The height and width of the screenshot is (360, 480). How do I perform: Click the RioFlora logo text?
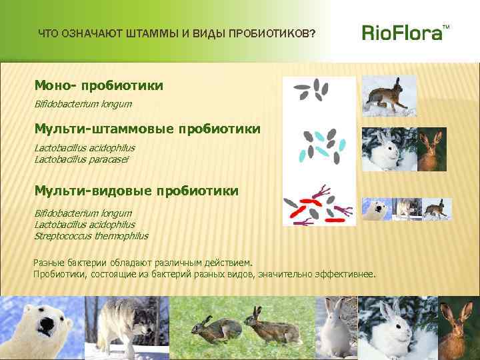click(x=401, y=33)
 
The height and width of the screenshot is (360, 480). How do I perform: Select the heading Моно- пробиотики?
click(x=99, y=86)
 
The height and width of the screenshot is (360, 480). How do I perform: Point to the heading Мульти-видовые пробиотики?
click(x=136, y=191)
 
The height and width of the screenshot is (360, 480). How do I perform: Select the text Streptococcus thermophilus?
click(x=91, y=236)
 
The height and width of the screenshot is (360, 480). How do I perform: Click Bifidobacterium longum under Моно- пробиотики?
click(x=83, y=104)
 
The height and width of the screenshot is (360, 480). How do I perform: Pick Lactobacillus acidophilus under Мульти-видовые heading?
click(x=84, y=225)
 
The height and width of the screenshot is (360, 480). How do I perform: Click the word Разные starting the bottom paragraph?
click(x=48, y=263)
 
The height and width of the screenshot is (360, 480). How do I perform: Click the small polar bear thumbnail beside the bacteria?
click(x=375, y=209)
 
